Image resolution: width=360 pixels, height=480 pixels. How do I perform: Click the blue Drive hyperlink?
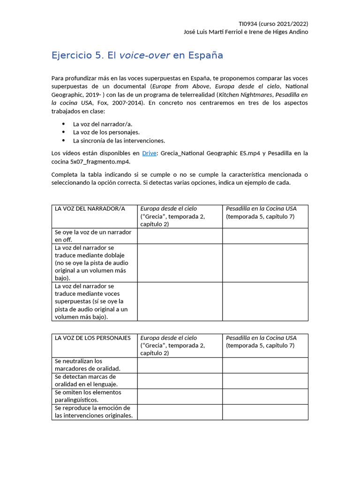coord(150,153)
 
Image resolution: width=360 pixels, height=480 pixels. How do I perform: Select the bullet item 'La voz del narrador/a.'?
coord(103,124)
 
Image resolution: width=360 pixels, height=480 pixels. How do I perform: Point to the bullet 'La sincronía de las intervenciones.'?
coord(119,140)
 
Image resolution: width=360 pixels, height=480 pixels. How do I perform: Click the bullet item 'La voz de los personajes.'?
coord(106,132)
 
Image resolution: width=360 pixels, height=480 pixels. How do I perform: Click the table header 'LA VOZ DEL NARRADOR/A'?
coord(90,209)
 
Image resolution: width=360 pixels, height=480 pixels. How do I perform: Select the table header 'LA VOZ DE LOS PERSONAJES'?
coord(93,338)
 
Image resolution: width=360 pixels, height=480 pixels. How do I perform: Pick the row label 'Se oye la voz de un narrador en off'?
coord(93,236)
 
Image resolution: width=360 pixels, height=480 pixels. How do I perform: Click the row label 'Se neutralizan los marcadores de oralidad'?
coord(88,365)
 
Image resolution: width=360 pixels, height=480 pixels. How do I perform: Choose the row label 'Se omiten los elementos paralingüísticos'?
coord(88,396)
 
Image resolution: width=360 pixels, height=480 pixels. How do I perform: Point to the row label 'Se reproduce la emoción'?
coord(93,412)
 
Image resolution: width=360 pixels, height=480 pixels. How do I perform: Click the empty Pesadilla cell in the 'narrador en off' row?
coord(265,236)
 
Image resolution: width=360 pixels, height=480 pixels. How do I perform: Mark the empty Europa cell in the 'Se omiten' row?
coord(180,396)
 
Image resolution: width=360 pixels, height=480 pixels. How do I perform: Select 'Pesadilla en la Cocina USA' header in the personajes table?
coord(261,338)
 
